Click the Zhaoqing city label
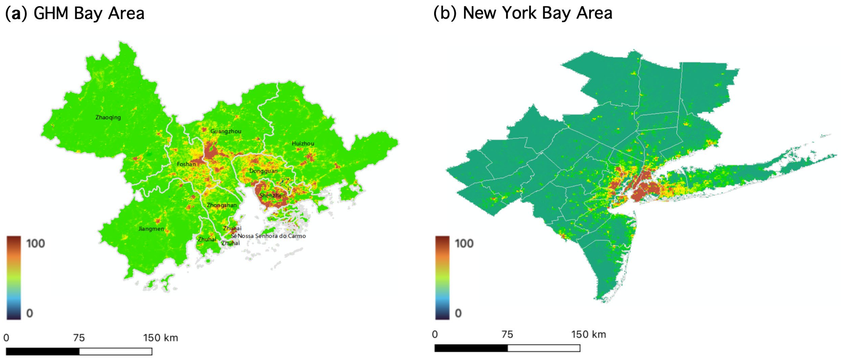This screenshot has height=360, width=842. (x=108, y=117)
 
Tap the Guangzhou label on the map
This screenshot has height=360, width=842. (x=226, y=131)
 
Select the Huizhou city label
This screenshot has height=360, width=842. (x=303, y=144)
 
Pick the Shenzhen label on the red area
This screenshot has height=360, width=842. (x=272, y=196)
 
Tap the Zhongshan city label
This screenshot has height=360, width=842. (x=221, y=205)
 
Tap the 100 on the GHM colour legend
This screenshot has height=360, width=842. (x=35, y=244)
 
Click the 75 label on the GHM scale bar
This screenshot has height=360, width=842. (x=79, y=338)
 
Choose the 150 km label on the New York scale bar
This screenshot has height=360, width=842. (x=588, y=335)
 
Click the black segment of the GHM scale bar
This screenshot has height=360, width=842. (x=42, y=351)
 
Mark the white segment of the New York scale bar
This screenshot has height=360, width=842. (x=544, y=348)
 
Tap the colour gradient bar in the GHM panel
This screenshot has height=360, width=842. (x=14, y=278)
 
